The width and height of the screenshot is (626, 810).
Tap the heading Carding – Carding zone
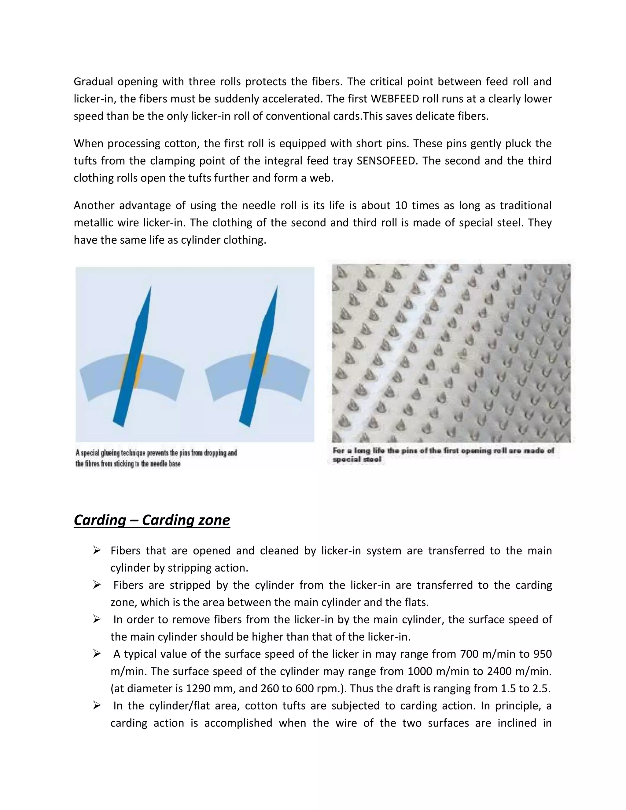(x=152, y=520)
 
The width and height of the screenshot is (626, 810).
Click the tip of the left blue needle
(x=151, y=287)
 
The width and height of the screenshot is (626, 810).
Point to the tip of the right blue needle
(x=277, y=287)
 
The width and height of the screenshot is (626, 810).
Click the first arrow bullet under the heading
(x=97, y=551)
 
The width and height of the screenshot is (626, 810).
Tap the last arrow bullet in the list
(x=97, y=706)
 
